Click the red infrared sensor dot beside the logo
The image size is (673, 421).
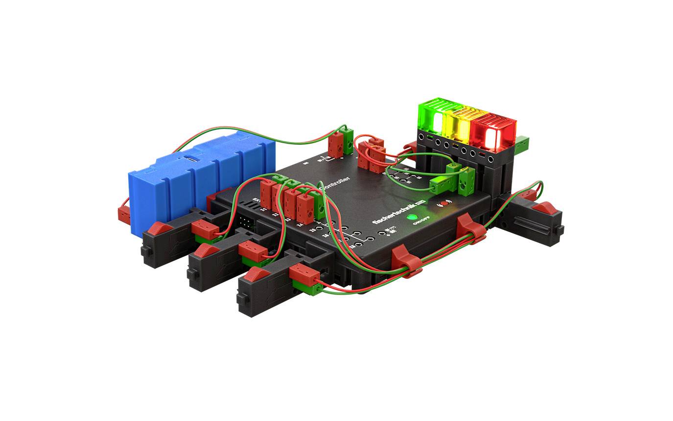(x=444, y=203)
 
